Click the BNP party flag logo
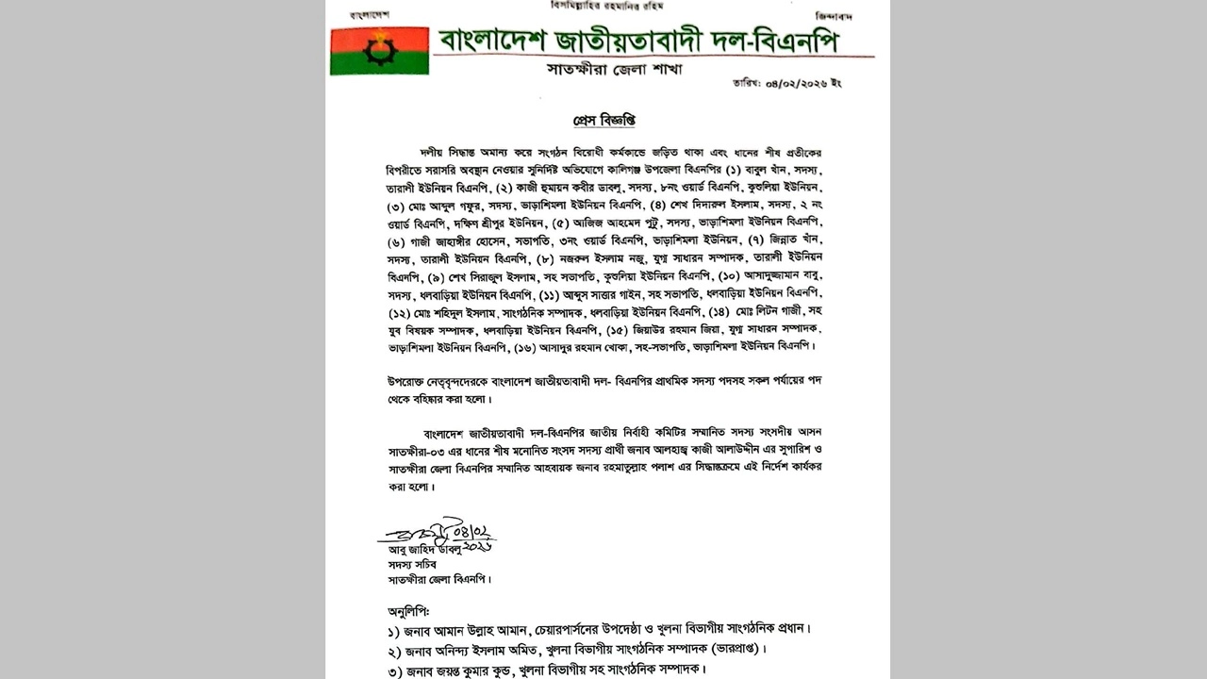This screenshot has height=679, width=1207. [x=379, y=50]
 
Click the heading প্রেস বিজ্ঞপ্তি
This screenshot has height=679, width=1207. [x=604, y=121]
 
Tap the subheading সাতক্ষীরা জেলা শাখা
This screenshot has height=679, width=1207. [x=614, y=69]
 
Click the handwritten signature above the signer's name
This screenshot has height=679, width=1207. [x=437, y=534]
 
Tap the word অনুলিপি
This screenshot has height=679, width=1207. [x=407, y=610]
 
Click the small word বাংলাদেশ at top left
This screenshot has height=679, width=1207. [x=369, y=16]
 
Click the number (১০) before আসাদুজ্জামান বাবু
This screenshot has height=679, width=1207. [x=709, y=275]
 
